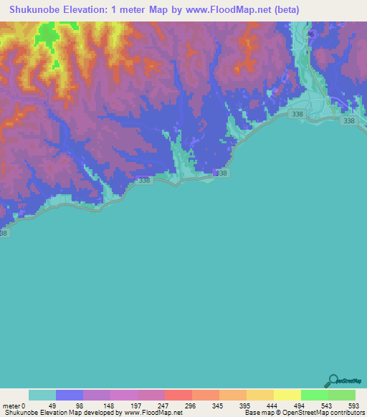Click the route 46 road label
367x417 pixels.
coord(310,34)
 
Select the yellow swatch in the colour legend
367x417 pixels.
coord(287,395)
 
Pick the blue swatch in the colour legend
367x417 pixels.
coord(70,395)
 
